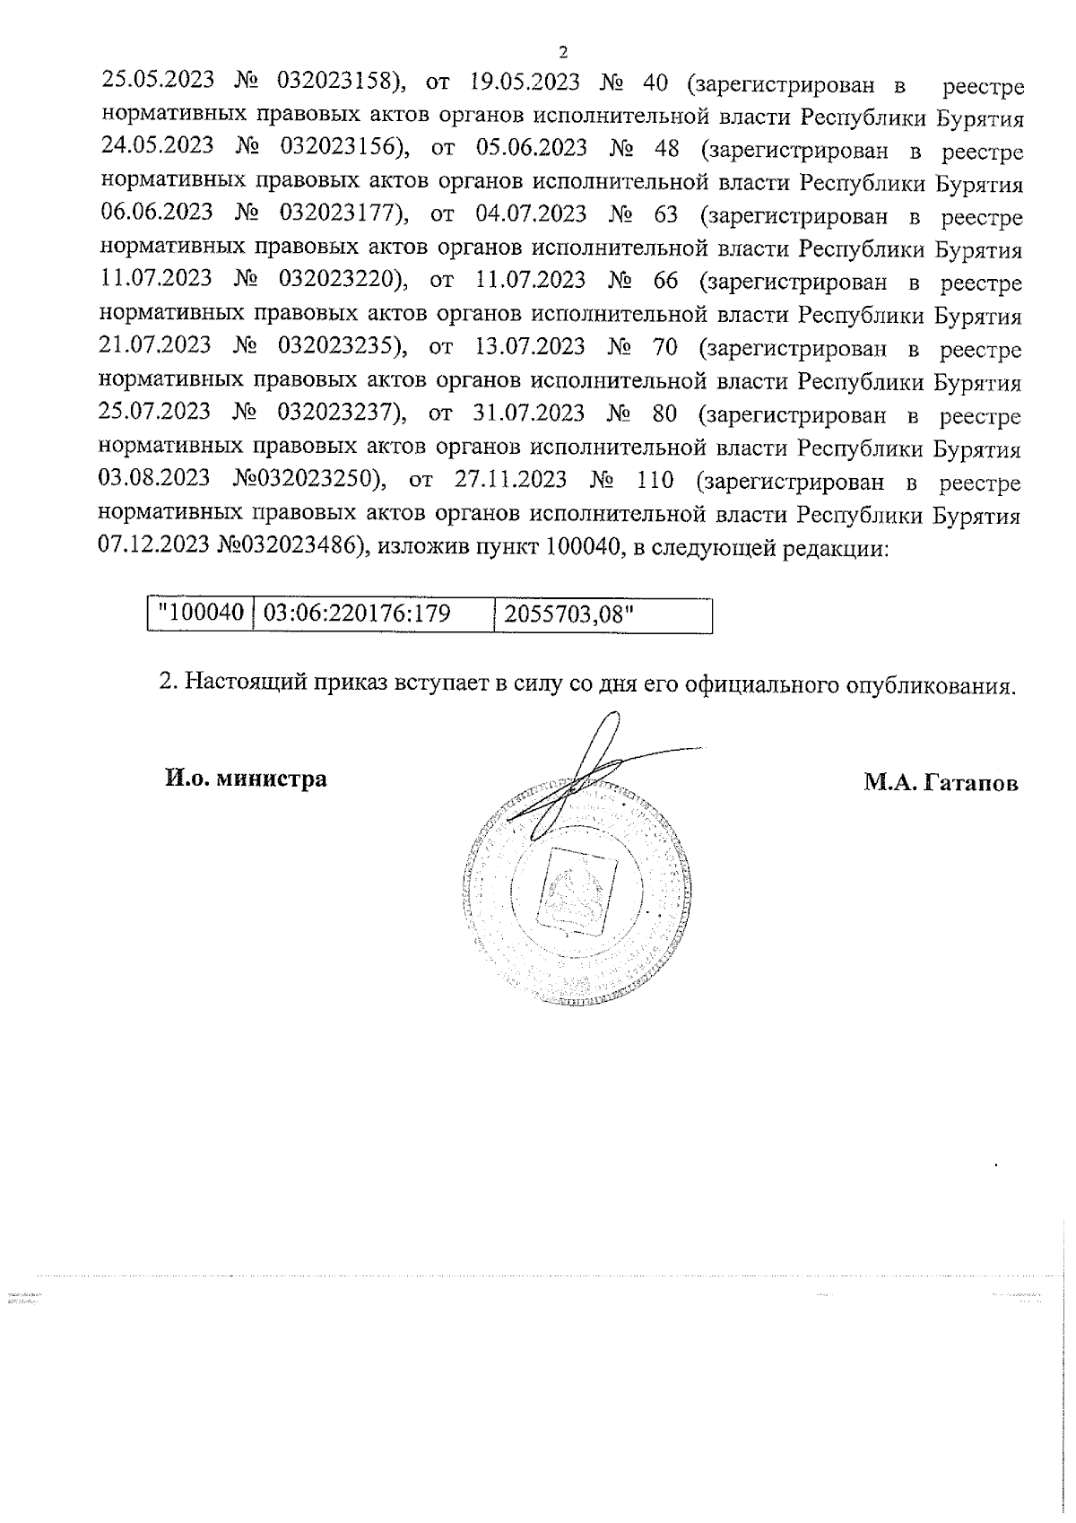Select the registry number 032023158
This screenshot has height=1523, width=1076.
[x=338, y=83]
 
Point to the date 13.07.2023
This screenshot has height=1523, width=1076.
[x=527, y=347]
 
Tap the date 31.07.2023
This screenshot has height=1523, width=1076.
[x=527, y=413]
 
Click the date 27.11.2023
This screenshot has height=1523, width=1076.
[x=511, y=480]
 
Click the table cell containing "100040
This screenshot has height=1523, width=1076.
[x=201, y=614]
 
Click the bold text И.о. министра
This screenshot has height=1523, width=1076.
[x=245, y=779]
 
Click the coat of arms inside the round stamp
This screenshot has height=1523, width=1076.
[x=578, y=889]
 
